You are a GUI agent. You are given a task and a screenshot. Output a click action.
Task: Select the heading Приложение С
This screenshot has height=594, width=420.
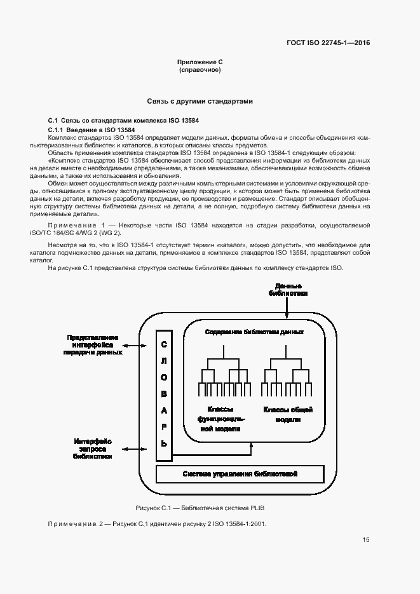click(x=200, y=62)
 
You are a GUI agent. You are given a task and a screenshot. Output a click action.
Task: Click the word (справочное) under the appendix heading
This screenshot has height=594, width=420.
click(x=200, y=69)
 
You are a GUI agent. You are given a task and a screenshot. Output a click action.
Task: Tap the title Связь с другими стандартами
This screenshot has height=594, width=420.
click(x=200, y=101)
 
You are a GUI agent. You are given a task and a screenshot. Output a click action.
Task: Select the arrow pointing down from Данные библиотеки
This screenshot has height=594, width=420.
click(x=287, y=308)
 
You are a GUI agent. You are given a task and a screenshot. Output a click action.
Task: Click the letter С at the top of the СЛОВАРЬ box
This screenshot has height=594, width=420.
click(x=163, y=344)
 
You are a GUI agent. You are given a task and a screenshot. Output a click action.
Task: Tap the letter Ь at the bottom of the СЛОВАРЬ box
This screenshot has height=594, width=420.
click(x=163, y=443)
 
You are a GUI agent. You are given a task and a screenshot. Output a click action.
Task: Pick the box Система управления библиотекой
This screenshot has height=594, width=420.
click(x=240, y=474)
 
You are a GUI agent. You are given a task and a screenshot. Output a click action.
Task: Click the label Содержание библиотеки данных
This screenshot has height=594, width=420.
click(x=254, y=332)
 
